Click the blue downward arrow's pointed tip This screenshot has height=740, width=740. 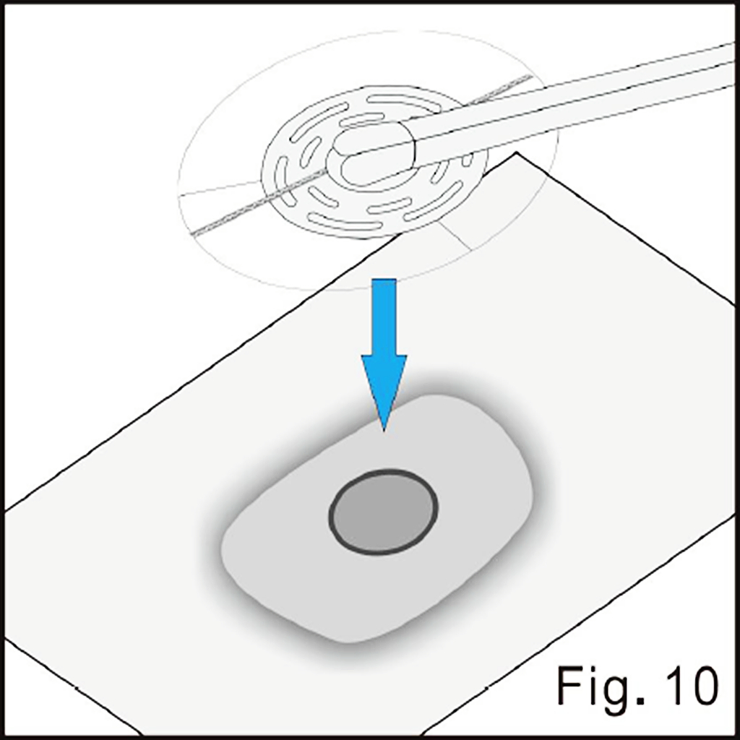(384, 430)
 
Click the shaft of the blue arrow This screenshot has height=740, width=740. (384, 317)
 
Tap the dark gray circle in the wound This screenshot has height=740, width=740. (383, 512)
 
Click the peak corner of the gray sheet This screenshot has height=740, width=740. (516, 152)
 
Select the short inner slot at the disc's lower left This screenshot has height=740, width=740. (323, 197)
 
